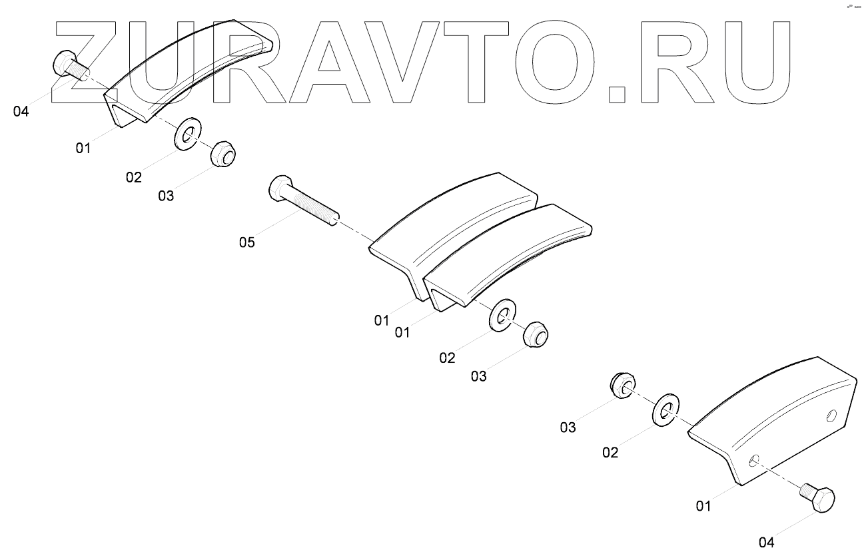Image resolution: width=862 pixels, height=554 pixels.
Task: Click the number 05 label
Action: tap(246, 242)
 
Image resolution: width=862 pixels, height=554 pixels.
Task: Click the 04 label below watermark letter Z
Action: tap(21, 111)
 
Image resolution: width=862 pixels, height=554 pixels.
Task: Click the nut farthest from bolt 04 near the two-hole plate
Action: tap(623, 386)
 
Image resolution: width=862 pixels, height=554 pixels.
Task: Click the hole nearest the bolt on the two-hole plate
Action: tap(754, 459)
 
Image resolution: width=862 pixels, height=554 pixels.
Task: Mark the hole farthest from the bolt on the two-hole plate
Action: tap(831, 417)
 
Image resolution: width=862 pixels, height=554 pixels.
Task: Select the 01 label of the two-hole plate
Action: tap(703, 507)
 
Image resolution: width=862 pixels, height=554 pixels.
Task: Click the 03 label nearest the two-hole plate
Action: tap(568, 427)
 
